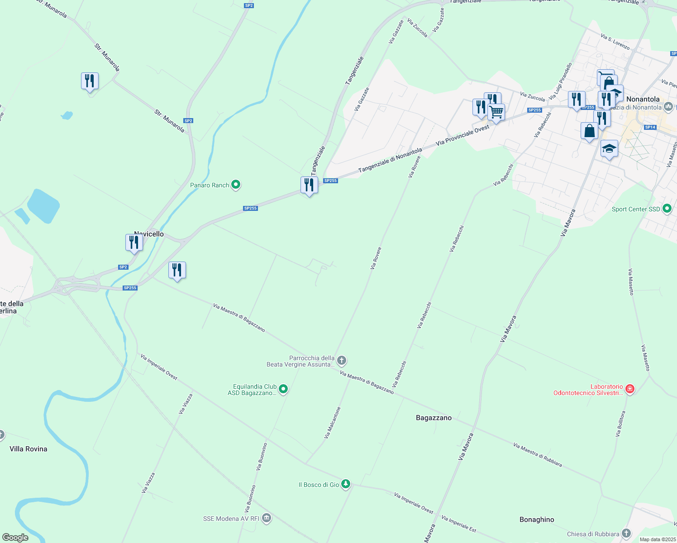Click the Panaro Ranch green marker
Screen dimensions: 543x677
click(x=235, y=185)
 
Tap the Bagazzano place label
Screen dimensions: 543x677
click(x=434, y=418)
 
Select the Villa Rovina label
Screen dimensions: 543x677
click(x=29, y=449)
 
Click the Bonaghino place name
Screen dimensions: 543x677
click(x=537, y=519)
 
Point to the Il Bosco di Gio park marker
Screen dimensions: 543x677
click(x=346, y=484)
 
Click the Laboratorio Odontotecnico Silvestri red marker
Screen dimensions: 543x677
click(x=629, y=389)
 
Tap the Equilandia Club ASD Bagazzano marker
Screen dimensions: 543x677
click(x=283, y=389)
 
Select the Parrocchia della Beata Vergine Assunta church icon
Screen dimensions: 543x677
click(x=342, y=361)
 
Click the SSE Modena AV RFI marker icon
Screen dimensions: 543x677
click(x=267, y=518)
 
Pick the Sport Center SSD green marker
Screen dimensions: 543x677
click(x=667, y=209)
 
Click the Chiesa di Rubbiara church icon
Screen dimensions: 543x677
click(x=626, y=533)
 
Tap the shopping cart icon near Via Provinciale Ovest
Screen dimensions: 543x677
click(x=496, y=112)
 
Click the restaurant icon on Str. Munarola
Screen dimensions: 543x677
click(x=90, y=81)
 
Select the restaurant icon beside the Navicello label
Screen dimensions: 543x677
click(x=134, y=242)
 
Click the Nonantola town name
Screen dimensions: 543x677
click(x=643, y=99)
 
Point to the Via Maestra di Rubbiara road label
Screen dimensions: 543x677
click(x=538, y=455)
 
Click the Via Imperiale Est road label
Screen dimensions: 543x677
click(x=458, y=524)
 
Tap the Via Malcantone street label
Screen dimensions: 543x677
click(x=332, y=423)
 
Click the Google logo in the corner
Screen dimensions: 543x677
click(x=15, y=538)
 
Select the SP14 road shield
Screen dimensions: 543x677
click(x=650, y=127)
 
